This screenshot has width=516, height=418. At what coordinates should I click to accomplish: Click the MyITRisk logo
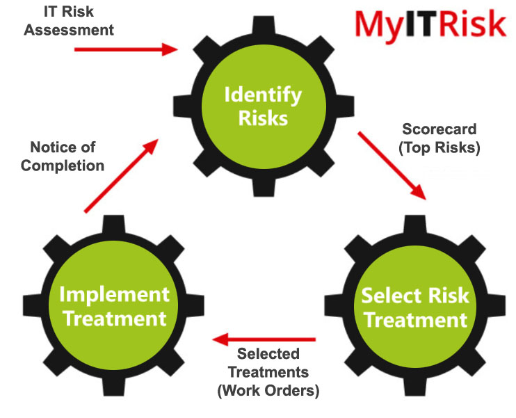click(x=429, y=24)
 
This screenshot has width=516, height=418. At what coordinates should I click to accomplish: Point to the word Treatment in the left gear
click(x=114, y=319)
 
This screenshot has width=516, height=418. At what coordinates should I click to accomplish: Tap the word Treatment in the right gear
click(x=415, y=320)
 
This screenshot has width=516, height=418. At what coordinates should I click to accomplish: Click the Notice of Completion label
click(x=67, y=156)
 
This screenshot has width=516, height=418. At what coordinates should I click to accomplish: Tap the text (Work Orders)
click(x=268, y=389)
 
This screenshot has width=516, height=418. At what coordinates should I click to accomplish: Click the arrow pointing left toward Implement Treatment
click(x=264, y=340)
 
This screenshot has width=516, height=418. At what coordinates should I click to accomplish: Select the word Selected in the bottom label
click(x=268, y=354)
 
